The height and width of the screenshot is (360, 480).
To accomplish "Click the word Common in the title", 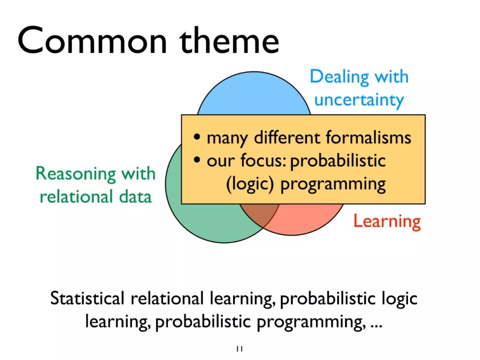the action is click(x=92, y=40).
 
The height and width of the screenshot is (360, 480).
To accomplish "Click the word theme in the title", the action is click(x=229, y=40).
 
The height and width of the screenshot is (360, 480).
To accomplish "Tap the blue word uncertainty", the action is click(x=359, y=100).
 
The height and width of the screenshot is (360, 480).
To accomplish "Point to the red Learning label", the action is click(x=387, y=221).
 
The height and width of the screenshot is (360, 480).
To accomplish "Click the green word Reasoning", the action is click(x=76, y=174).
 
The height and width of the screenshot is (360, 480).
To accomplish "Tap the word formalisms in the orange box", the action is click(x=368, y=137).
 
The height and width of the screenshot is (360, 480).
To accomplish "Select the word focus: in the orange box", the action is click(x=263, y=160).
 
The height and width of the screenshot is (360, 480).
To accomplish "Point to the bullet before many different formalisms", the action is click(x=197, y=136).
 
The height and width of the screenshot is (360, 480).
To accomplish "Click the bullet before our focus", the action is click(x=197, y=160).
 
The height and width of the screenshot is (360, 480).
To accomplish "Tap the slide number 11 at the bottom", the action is click(x=240, y=349).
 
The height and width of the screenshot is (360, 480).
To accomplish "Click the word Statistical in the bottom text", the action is click(x=88, y=298).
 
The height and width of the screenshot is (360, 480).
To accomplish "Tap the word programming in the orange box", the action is click(x=333, y=184).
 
